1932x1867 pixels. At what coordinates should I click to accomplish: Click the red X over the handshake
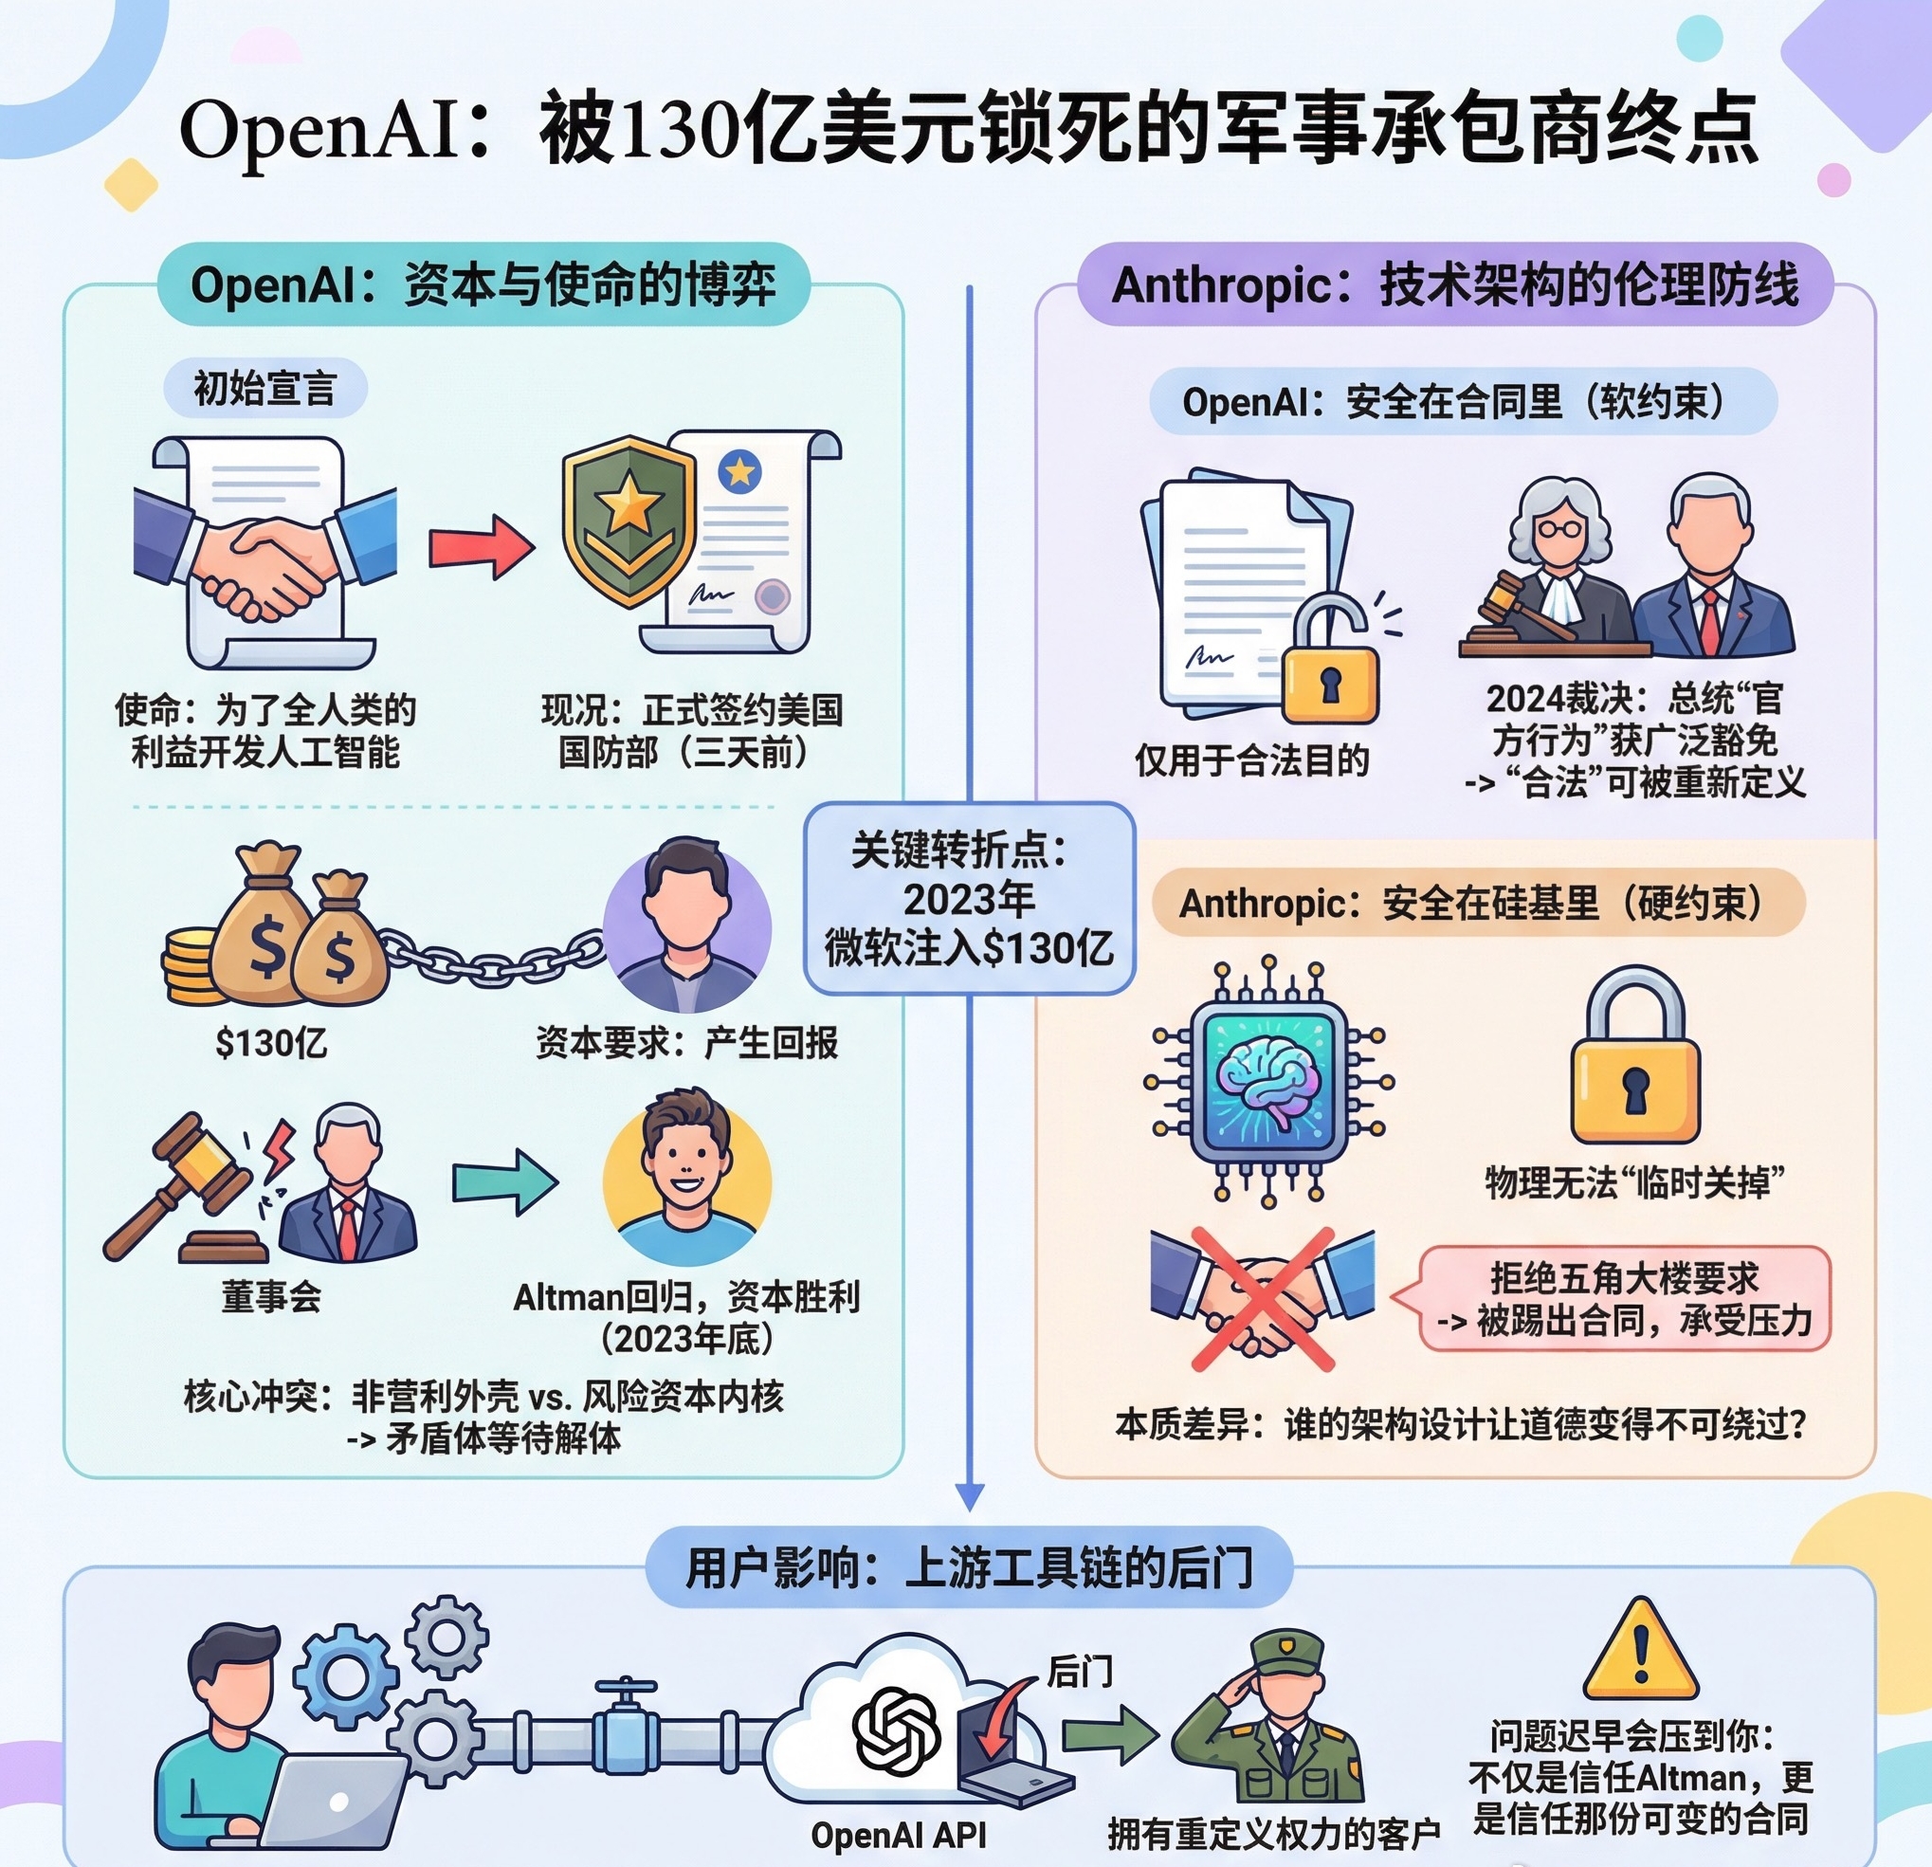(1263, 1299)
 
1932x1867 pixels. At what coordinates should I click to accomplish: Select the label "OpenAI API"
(898, 1835)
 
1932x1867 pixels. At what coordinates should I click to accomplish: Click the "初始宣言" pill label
(265, 388)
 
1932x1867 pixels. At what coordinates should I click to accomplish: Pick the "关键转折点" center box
(970, 898)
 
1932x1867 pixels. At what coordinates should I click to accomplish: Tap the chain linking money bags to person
(493, 957)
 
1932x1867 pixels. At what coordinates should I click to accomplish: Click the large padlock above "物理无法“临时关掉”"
(1634, 1060)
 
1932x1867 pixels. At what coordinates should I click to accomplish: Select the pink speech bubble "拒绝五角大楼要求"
(1625, 1298)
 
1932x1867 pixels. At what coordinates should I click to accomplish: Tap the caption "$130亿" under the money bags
(272, 1042)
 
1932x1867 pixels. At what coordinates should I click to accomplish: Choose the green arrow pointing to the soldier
(1109, 1732)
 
